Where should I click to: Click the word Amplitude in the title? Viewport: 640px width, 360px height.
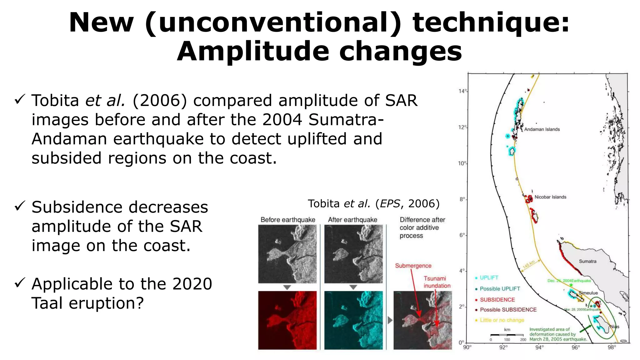point(253,52)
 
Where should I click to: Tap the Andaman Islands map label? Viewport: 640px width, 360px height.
point(542,129)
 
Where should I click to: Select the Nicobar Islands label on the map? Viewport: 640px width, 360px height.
point(550,197)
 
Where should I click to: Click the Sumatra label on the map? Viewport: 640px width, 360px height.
point(587,261)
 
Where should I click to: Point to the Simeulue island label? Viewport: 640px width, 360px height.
point(588,293)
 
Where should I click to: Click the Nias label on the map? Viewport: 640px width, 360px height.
point(614,327)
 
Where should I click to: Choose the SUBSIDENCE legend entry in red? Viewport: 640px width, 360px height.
point(497,300)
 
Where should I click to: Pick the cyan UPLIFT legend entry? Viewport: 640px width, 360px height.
point(489,277)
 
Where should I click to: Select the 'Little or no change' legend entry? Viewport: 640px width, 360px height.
point(502,320)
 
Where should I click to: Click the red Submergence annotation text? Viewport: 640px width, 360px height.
point(413,266)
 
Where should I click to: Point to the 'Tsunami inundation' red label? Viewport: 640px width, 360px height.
point(437,282)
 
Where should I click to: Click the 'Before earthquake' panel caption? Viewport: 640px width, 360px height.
point(288,220)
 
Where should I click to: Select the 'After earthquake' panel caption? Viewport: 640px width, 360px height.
point(352,220)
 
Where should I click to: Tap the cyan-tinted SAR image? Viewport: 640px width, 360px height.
point(353,320)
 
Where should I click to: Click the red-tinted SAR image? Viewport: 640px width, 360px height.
point(287,320)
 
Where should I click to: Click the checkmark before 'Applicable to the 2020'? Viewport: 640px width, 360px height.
point(20,283)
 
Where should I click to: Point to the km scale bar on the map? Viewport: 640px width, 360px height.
point(507,335)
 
